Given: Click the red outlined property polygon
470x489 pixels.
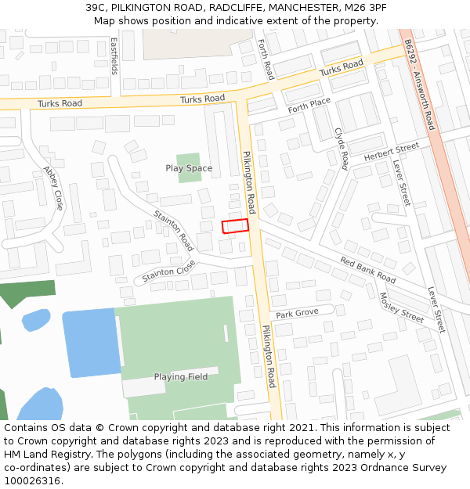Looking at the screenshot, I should click(235, 226).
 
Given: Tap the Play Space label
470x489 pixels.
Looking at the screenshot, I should click(189, 168).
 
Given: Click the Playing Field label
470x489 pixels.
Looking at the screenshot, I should click(180, 376).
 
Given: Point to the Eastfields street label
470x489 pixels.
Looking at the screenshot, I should click(114, 56).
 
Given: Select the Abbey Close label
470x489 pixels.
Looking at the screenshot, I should click(53, 188).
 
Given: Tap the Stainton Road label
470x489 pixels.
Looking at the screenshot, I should click(173, 230).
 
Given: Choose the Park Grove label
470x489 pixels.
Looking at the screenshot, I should click(297, 313).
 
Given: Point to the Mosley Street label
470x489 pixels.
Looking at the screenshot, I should click(401, 307).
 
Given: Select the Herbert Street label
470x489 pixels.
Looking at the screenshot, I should click(391, 153).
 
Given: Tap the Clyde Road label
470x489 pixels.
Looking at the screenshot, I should click(341, 149).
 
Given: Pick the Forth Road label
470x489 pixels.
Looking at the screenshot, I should click(266, 59).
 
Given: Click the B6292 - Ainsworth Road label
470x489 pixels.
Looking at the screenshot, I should click(419, 86).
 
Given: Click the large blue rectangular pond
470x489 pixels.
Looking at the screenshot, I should click(91, 343).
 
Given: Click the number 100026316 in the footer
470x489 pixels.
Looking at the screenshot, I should click(32, 480).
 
